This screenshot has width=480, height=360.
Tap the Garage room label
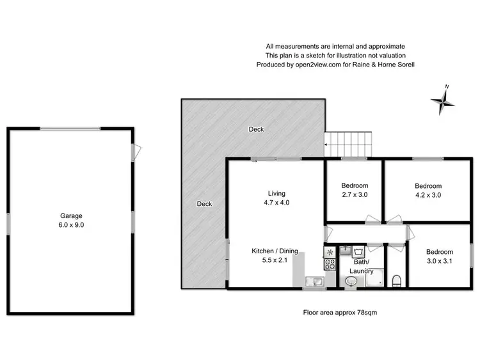(72, 216)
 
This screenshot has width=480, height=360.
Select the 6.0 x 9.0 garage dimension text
(72, 225)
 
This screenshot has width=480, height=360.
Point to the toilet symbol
(397, 279)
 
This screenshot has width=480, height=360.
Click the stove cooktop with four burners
(330, 266)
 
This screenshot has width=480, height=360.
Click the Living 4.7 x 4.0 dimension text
(276, 203)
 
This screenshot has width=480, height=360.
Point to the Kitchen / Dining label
(275, 251)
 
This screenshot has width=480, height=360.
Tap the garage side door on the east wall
(134, 151)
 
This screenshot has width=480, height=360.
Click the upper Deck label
(256, 130)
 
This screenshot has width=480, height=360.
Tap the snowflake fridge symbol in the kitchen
(330, 253)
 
